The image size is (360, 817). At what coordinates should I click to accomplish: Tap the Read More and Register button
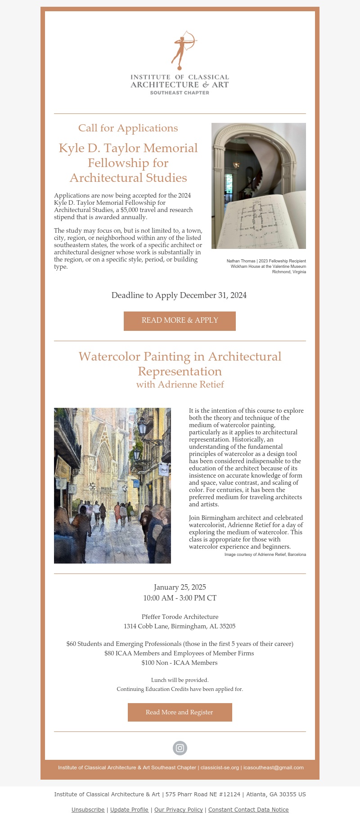click(x=180, y=712)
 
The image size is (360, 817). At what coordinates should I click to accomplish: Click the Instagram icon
click(x=180, y=748)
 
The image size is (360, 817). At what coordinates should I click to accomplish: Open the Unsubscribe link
click(x=88, y=809)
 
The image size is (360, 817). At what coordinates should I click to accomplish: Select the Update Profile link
click(x=129, y=809)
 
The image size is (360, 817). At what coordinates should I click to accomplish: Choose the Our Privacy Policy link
click(x=178, y=809)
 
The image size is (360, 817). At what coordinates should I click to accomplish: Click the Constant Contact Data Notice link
click(x=248, y=809)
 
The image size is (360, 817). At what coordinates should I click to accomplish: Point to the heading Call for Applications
click(x=128, y=128)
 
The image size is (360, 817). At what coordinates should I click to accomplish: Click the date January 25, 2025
click(x=180, y=587)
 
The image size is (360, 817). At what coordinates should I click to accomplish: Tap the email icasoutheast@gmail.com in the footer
click(x=274, y=767)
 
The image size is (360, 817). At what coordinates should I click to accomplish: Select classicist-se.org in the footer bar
click(x=220, y=767)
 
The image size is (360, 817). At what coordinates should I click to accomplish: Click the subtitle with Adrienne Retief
click(x=180, y=384)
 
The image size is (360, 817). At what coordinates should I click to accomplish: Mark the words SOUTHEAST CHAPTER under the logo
click(x=180, y=93)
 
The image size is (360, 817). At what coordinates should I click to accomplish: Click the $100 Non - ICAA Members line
click(x=180, y=663)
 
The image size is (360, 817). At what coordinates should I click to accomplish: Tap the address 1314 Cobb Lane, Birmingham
click(x=180, y=626)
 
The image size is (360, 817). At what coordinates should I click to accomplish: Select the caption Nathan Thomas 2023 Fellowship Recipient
click(x=266, y=261)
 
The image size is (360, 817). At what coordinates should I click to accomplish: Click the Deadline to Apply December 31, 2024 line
click(x=179, y=295)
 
